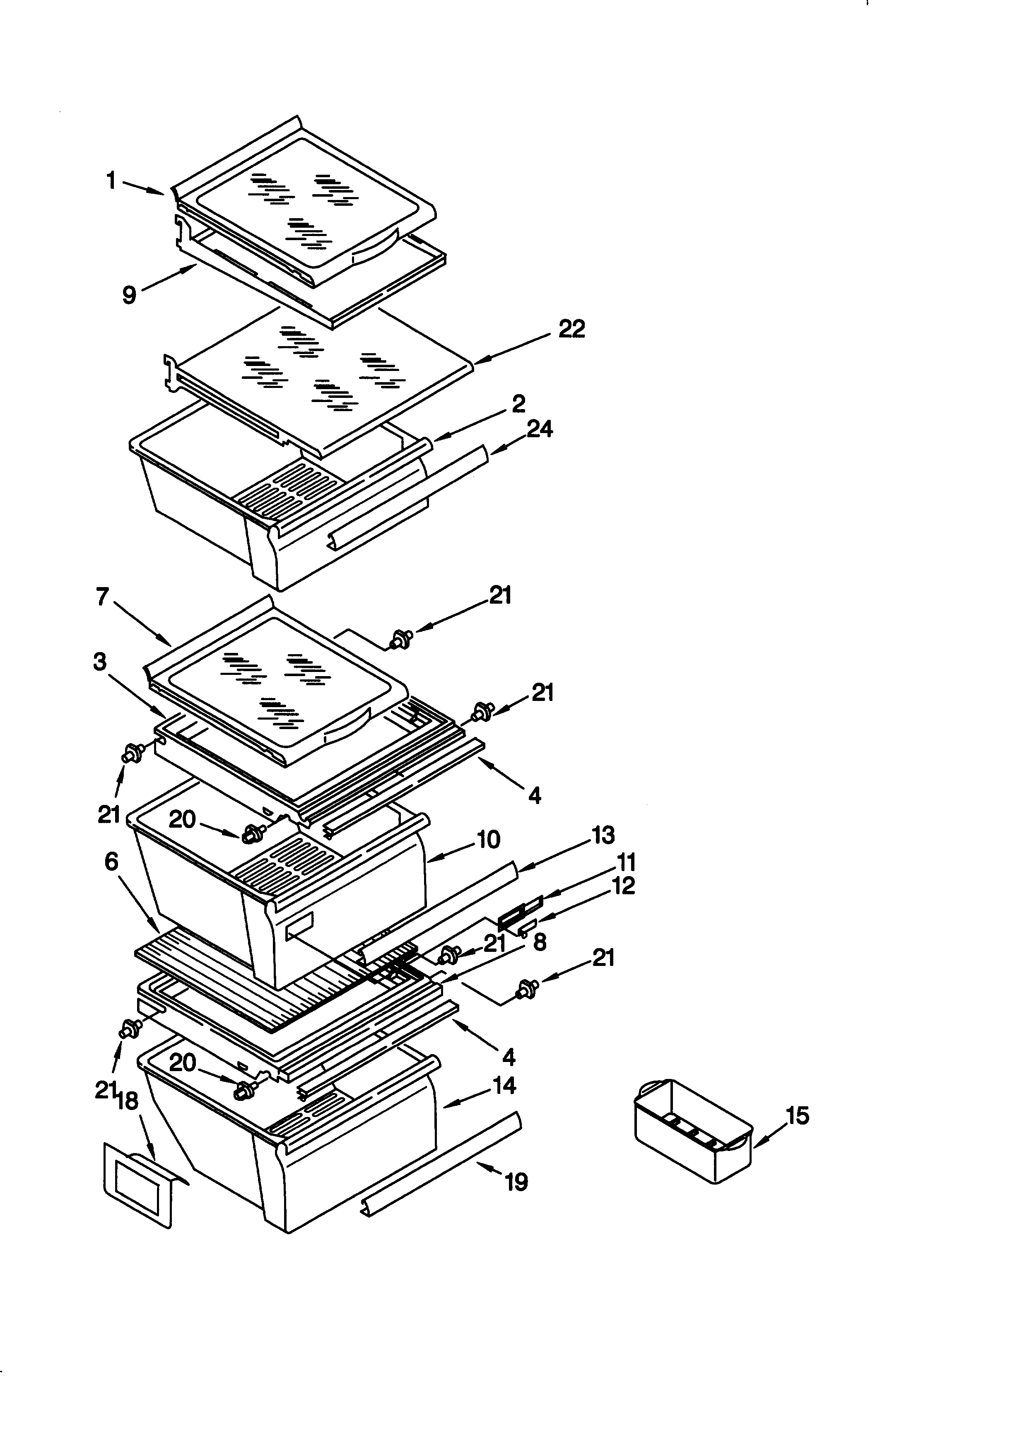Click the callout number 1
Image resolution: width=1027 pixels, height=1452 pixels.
coord(111,181)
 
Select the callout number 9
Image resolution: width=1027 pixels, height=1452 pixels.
coord(129,295)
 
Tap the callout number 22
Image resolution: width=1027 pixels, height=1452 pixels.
coord(571,329)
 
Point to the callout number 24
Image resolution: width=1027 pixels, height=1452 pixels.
coord(540,429)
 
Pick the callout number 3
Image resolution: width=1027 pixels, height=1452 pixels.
coord(99,662)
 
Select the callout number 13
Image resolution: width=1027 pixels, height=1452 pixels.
coord(603,836)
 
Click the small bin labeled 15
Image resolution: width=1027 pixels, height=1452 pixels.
coord(692,1132)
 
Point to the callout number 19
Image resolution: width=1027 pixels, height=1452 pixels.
coord(517,1181)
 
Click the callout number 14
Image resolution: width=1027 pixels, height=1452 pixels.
coord(504,1086)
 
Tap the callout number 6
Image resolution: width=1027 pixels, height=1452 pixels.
coord(111,861)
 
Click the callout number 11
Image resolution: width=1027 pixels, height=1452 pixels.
coord(626,862)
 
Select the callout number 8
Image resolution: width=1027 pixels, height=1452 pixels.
coord(540,942)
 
